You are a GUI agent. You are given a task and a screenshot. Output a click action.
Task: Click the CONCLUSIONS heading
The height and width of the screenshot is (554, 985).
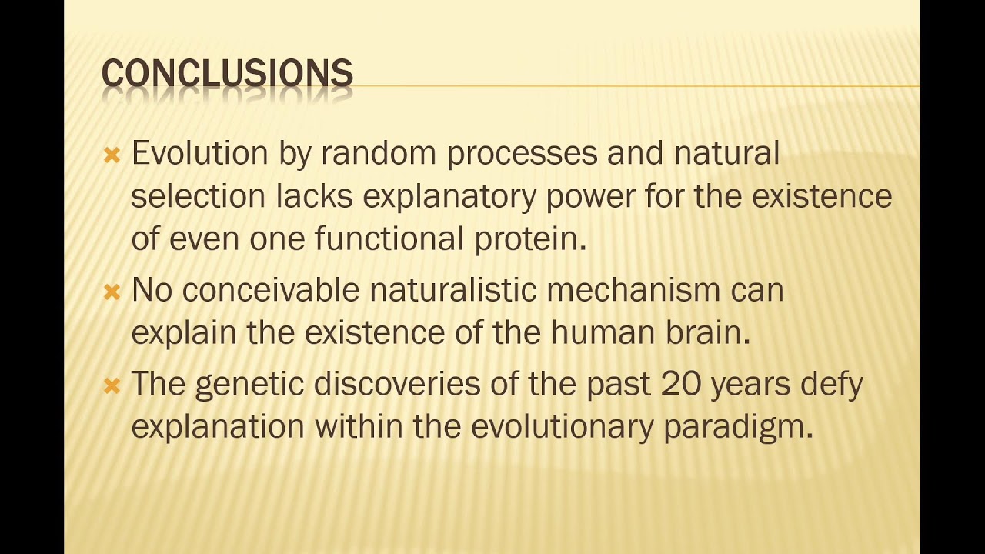pyautogui.click(x=227, y=72)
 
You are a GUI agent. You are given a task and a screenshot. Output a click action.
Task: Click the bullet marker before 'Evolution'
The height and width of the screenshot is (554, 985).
pyautogui.click(x=112, y=155)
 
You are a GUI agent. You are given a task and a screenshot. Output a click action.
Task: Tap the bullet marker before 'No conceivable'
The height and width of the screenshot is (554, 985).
pyautogui.click(x=112, y=292)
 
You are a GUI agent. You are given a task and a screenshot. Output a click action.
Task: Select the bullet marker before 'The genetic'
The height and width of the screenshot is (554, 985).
pyautogui.click(x=112, y=385)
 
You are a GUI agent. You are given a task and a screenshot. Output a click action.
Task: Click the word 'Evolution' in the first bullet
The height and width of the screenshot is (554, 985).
pyautogui.click(x=200, y=153)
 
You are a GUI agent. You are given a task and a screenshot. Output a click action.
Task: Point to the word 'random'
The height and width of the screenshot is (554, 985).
pyautogui.click(x=379, y=153)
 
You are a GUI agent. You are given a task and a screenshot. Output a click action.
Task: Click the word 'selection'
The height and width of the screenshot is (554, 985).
pyautogui.click(x=199, y=196)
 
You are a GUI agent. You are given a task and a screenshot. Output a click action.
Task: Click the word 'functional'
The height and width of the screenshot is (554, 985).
pyautogui.click(x=389, y=239)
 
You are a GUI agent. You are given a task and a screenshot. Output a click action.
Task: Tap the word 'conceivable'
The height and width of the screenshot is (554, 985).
pyautogui.click(x=271, y=290)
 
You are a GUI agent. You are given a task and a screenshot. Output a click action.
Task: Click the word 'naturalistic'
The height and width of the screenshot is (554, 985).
pyautogui.click(x=453, y=290)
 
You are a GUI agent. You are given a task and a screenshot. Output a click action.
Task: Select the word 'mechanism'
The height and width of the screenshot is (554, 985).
pyautogui.click(x=633, y=290)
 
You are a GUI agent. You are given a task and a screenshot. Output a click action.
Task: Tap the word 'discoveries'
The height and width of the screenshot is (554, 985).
pyautogui.click(x=396, y=383)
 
